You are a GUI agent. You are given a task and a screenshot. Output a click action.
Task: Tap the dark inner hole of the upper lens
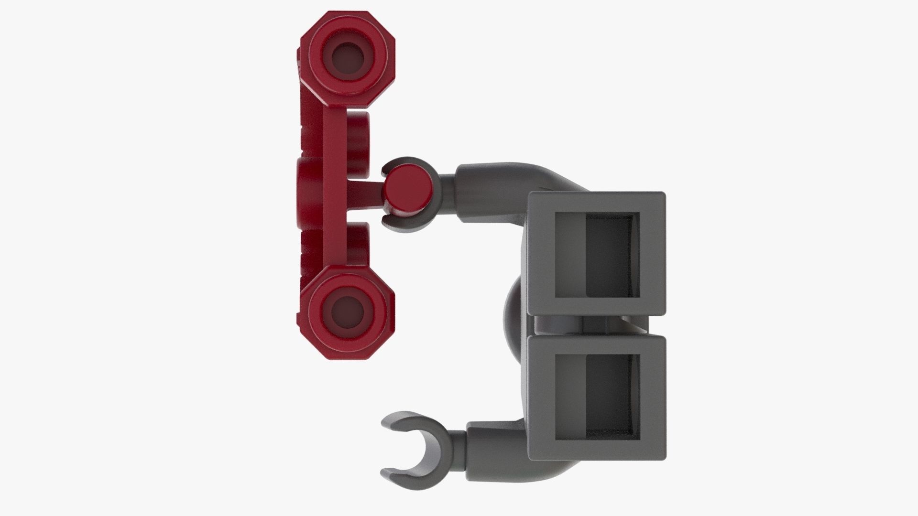coord(348,56)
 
